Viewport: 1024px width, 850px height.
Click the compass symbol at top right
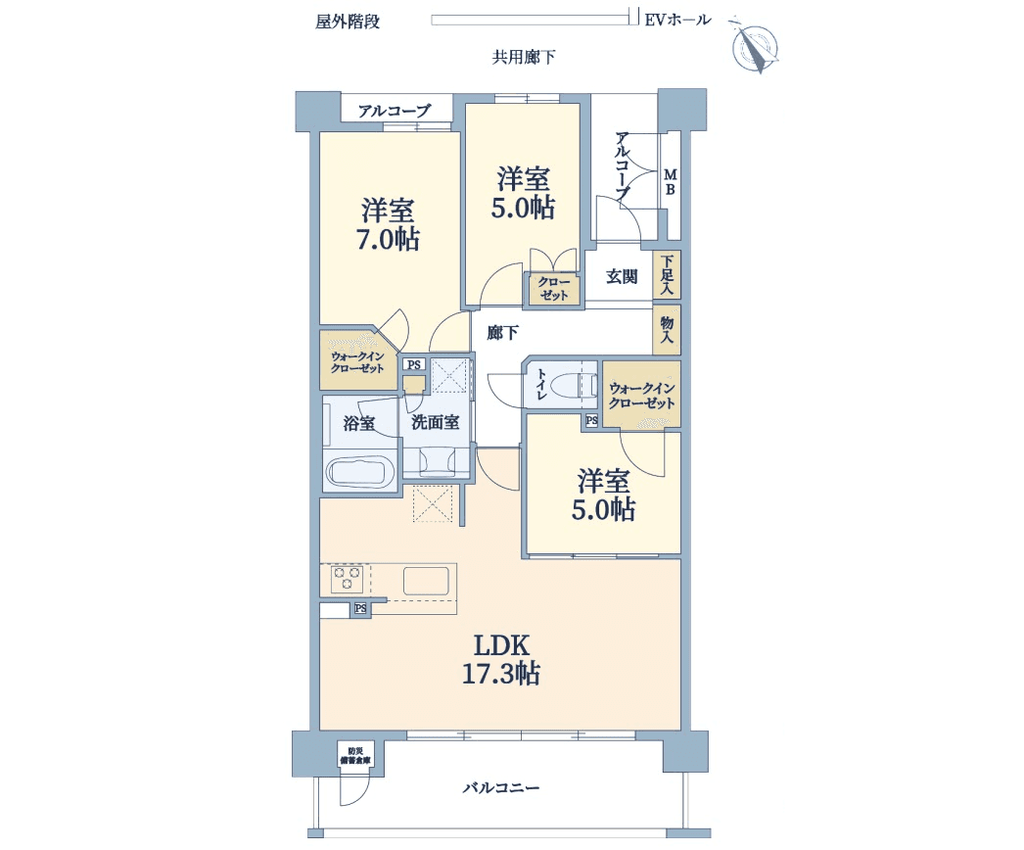pos(755,47)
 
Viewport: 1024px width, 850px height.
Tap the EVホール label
pos(677,21)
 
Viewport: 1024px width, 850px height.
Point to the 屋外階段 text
pos(348,22)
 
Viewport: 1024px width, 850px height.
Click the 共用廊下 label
pos(524,58)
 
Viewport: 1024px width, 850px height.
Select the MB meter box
pos(670,182)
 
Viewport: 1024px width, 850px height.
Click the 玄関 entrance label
pos(621,276)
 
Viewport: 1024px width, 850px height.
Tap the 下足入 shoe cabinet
pos(667,274)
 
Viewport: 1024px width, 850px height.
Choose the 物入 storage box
pos(667,330)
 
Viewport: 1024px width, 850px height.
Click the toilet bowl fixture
pos(574,386)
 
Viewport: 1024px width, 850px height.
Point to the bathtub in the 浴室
pos(358,470)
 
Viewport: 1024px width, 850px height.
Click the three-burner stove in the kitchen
pos(347,579)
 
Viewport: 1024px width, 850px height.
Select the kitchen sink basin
pos(426,581)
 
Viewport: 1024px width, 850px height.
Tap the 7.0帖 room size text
pos(388,240)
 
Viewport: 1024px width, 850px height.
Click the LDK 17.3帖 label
pos(501,660)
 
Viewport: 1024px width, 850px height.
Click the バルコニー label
pos(501,788)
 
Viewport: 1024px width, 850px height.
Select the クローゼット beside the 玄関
pos(554,288)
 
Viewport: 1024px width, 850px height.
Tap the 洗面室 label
pos(435,422)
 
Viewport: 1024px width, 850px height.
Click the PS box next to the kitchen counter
pos(360,609)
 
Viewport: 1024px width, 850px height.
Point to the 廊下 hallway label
pos(503,333)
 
